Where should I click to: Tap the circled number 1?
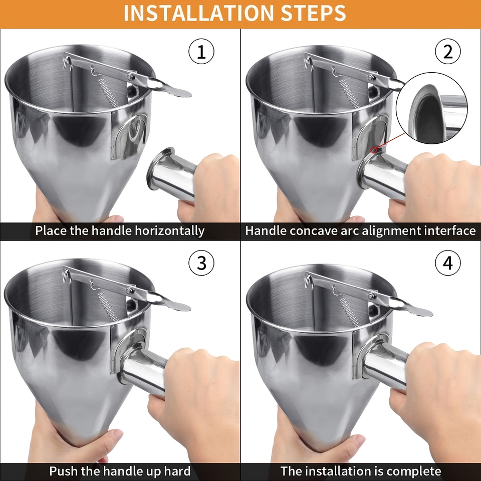coord(201,52)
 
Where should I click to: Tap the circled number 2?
coord(447,52)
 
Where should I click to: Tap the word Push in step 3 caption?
coord(63,471)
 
